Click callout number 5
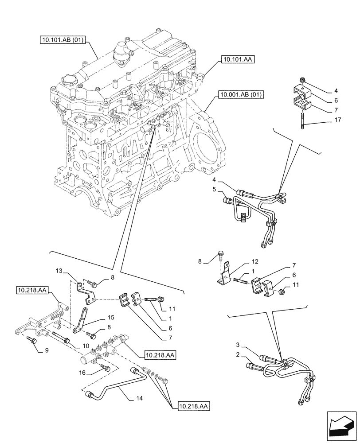point(214,190)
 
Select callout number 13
point(60,271)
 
